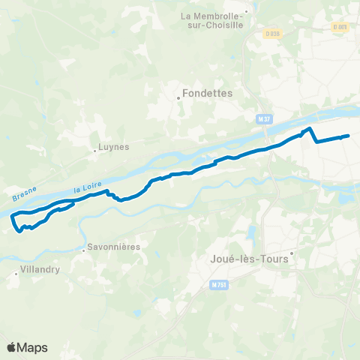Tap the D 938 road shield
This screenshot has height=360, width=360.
point(271,33)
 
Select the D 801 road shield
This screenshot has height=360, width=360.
point(340,28)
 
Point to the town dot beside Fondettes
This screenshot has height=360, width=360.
point(178,96)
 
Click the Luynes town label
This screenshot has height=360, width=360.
point(114,147)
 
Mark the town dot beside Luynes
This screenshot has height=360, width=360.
point(94,149)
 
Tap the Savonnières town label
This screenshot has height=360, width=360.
point(113,246)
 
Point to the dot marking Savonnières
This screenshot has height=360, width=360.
point(82,248)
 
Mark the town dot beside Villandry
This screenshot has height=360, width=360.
point(16,274)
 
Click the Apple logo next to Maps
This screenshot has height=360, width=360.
point(11,347)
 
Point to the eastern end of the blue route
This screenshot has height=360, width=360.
point(349,136)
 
